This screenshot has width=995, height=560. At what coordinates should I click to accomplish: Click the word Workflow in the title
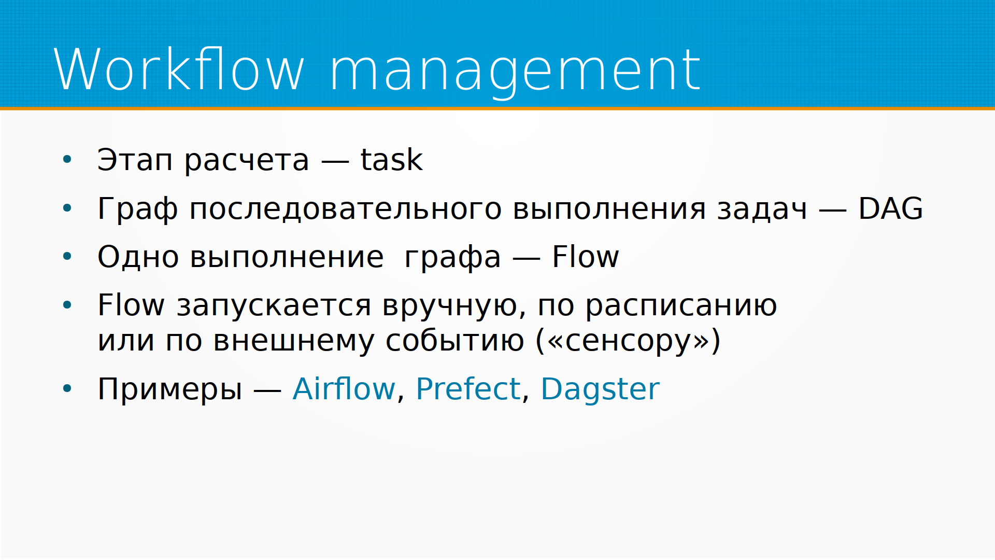pos(179,69)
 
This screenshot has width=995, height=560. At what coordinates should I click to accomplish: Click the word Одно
pos(138,257)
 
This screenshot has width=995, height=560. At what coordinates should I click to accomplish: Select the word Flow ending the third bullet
pos(585,256)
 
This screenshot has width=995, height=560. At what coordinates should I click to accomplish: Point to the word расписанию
pos(681,307)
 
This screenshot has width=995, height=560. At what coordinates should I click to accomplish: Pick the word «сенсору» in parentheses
pos(628,342)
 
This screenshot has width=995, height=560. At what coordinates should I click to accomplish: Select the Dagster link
pos(600,390)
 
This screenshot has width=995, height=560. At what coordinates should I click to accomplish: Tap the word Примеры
pos(170,390)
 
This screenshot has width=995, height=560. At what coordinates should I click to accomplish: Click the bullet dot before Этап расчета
pos(67,159)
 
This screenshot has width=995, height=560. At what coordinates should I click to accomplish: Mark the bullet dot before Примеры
pos(67,388)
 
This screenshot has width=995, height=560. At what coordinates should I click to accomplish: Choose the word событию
pos(454,342)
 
